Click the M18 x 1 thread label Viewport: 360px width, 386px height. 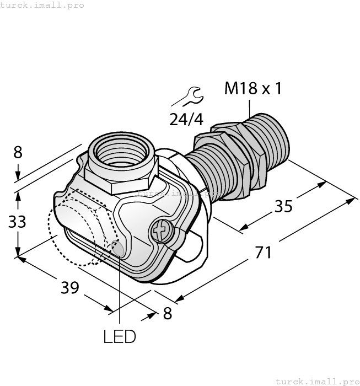click(x=252, y=88)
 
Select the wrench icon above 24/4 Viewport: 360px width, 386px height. click(x=187, y=97)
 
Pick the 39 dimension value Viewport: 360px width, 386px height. click(x=69, y=287)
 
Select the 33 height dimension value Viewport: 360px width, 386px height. click(x=17, y=222)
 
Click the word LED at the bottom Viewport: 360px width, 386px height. click(x=119, y=336)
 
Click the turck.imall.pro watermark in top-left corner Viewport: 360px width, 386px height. click(x=42, y=5)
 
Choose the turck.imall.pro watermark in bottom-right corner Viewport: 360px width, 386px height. click(x=317, y=381)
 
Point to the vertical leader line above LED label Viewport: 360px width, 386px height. click(x=120, y=292)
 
